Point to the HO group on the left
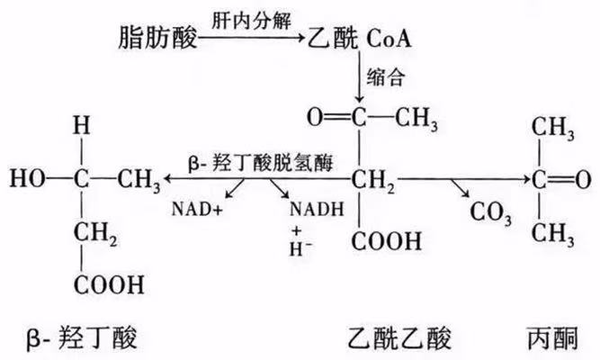coord(28,178)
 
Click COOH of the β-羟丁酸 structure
coord(109,285)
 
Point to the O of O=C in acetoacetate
coord(314,116)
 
